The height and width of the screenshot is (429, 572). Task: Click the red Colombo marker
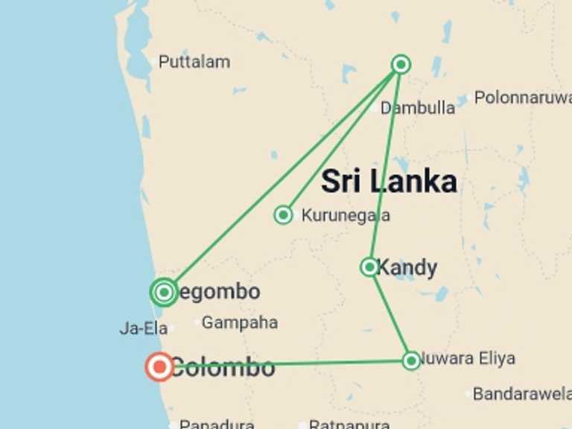point(159,366)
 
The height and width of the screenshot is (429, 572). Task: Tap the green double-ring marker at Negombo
point(165,292)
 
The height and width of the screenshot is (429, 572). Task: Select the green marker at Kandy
point(369,267)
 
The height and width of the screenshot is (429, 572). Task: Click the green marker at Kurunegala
point(283,215)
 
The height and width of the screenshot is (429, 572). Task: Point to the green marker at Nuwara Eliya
point(411,360)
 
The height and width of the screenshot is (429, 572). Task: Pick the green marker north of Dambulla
point(401,65)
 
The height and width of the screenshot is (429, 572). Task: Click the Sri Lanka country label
point(389,181)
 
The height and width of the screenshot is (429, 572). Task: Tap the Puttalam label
point(194,62)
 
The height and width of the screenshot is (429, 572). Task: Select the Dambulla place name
point(418,108)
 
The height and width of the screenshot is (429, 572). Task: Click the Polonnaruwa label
point(522,98)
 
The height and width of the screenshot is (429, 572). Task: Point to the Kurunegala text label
point(346,215)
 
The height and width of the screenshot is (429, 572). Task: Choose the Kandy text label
point(407,267)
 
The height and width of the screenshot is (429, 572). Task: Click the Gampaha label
point(240,323)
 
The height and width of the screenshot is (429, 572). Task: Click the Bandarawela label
point(521,394)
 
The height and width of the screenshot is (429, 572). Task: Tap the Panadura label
point(217,424)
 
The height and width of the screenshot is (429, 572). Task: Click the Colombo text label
point(223,367)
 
